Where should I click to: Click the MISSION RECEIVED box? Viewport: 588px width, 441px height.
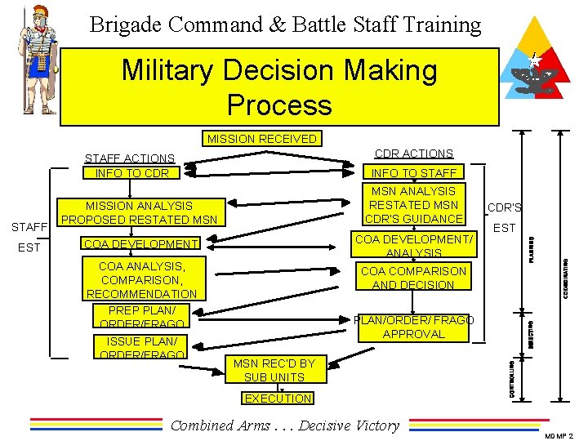(x=261, y=139)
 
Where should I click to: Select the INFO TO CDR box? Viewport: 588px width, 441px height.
(x=132, y=173)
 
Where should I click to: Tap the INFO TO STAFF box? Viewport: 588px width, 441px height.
(x=414, y=171)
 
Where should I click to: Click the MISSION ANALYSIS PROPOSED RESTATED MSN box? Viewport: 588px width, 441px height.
(x=139, y=212)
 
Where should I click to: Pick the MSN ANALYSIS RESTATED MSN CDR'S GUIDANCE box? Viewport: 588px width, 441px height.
(x=414, y=205)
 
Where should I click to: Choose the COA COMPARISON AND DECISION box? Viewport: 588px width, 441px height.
(x=414, y=278)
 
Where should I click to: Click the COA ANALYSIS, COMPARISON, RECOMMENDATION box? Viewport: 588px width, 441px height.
(x=141, y=279)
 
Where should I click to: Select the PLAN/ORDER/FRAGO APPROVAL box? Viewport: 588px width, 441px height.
(x=414, y=327)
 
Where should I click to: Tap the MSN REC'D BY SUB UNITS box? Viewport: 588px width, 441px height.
(x=274, y=370)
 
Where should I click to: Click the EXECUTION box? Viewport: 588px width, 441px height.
(x=278, y=399)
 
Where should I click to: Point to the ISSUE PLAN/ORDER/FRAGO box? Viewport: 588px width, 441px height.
(x=141, y=347)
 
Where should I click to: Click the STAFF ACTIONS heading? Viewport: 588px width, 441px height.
(x=130, y=158)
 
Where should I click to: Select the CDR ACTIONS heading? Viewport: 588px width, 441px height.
(x=413, y=154)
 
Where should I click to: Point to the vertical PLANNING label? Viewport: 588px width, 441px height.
(x=531, y=248)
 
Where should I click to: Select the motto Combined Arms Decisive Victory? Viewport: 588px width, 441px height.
(x=284, y=425)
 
